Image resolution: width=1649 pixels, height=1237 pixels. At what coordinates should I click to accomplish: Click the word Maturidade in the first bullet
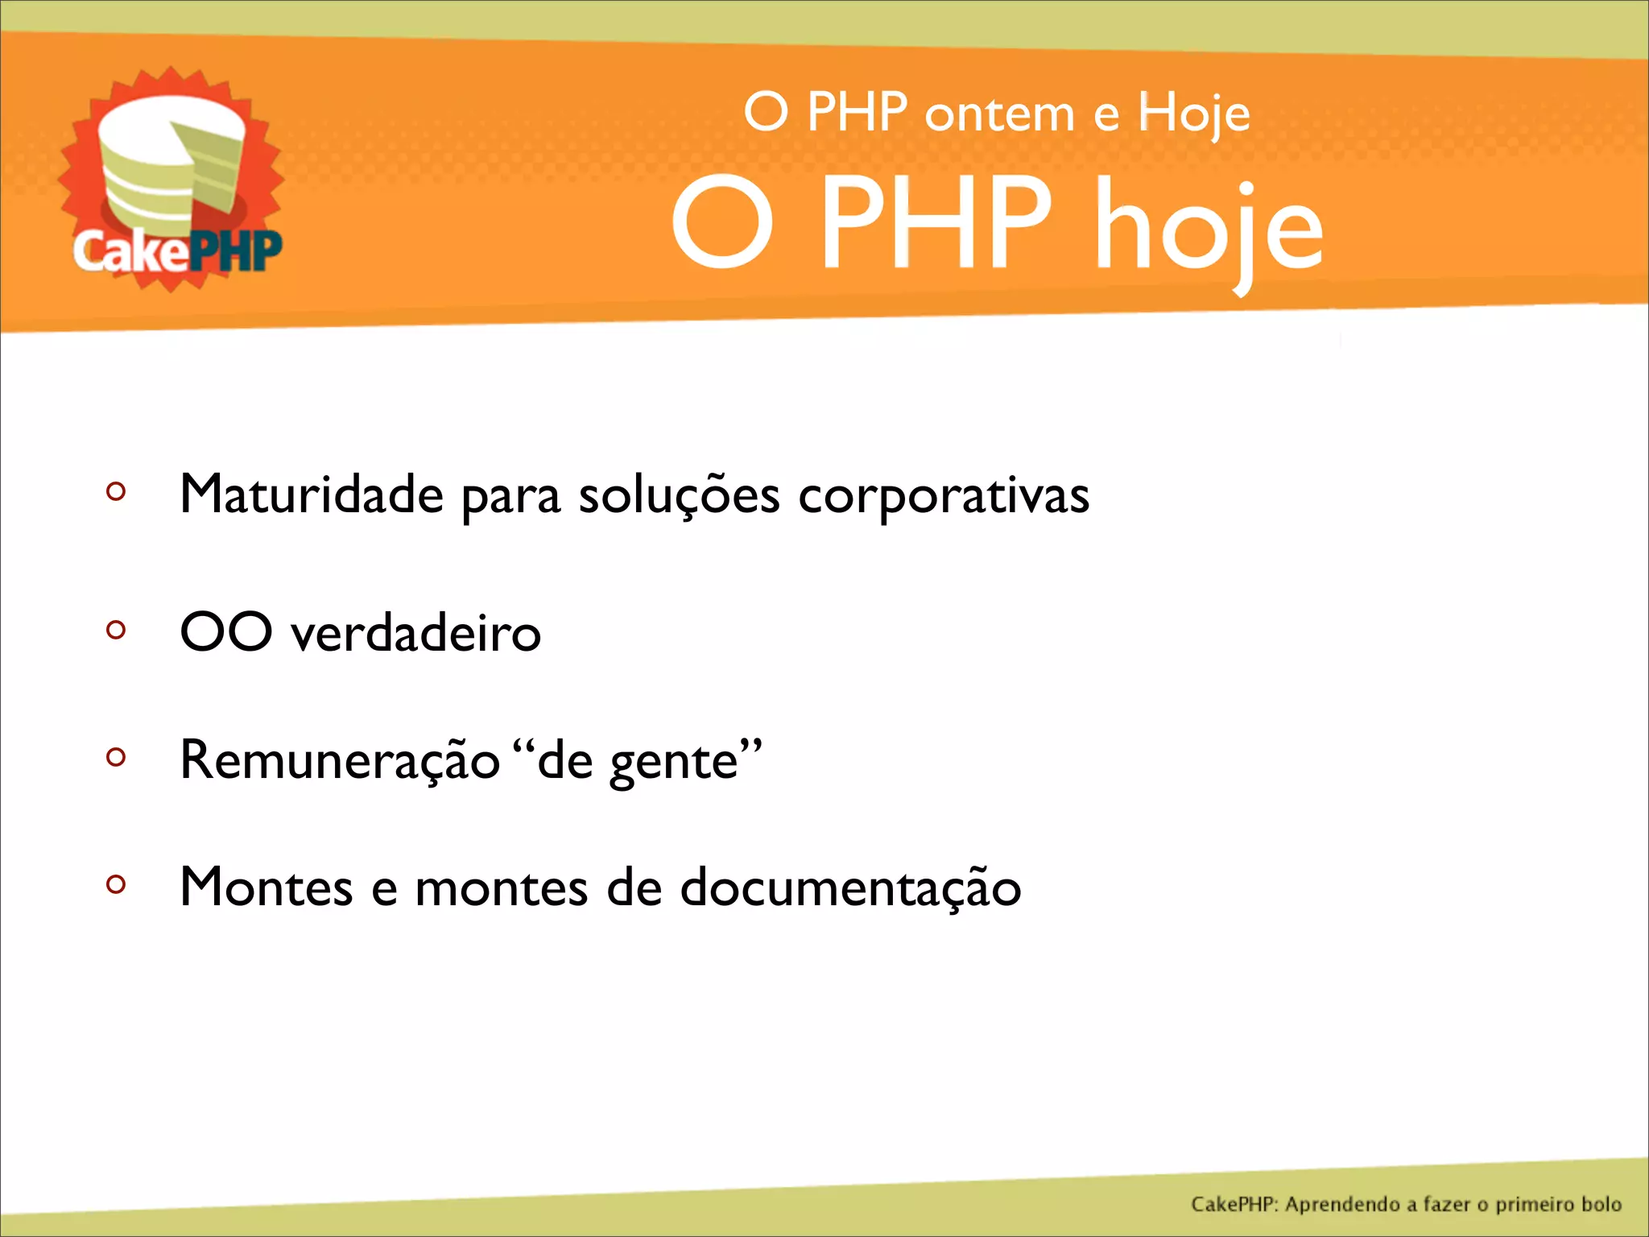tap(311, 494)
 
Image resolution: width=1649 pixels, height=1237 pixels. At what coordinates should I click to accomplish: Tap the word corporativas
tap(944, 496)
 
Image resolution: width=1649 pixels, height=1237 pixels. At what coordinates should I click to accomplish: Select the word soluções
tap(679, 496)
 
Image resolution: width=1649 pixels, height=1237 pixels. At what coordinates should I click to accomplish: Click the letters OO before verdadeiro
tap(226, 631)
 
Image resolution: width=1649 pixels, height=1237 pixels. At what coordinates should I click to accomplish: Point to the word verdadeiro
tap(415, 633)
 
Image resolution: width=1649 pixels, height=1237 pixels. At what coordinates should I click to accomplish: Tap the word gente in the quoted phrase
tap(674, 762)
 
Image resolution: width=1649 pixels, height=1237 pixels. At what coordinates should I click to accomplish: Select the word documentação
tap(850, 888)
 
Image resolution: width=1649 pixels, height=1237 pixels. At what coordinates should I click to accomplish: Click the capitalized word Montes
tap(267, 887)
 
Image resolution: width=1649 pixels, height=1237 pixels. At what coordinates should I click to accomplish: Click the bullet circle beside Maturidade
tap(116, 491)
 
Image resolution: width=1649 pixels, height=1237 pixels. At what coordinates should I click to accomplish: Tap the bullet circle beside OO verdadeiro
tap(116, 629)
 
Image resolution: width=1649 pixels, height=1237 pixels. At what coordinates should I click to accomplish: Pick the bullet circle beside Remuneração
tap(116, 756)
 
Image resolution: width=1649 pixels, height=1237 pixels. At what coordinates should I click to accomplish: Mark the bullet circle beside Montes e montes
tap(116, 884)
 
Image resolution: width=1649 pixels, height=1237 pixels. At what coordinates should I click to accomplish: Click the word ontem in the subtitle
tap(999, 114)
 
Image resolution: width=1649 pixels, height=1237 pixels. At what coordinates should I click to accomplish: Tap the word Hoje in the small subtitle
tap(1193, 114)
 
